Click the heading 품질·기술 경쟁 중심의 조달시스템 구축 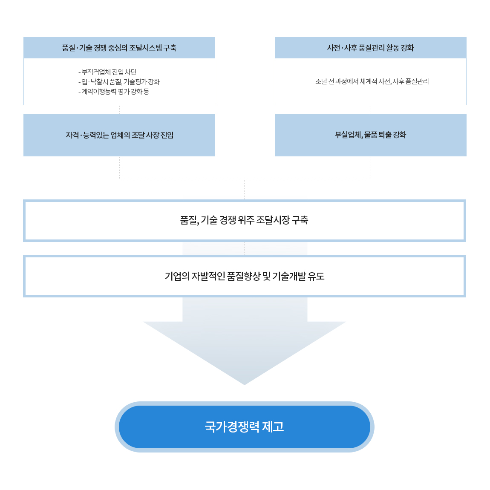(x=119, y=48)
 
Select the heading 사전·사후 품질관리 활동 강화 (x=370, y=48)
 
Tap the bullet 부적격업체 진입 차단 (x=107, y=72)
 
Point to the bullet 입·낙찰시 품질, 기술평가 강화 (x=119, y=82)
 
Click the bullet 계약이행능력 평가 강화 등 (x=114, y=92)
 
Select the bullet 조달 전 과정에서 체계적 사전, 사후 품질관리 (x=371, y=81)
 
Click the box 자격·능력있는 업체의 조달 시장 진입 (x=119, y=135)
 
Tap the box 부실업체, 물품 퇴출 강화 (x=370, y=135)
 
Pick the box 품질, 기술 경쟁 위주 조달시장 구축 (x=245, y=221)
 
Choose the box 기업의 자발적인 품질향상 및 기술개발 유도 (x=245, y=276)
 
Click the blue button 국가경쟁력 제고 (x=245, y=427)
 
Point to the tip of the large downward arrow (x=245, y=385)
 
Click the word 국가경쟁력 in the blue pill (x=232, y=427)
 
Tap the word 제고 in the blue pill (x=273, y=427)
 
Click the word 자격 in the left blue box (x=72, y=135)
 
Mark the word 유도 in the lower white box (x=316, y=276)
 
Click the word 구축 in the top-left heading (x=170, y=48)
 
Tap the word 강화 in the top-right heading (x=407, y=48)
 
